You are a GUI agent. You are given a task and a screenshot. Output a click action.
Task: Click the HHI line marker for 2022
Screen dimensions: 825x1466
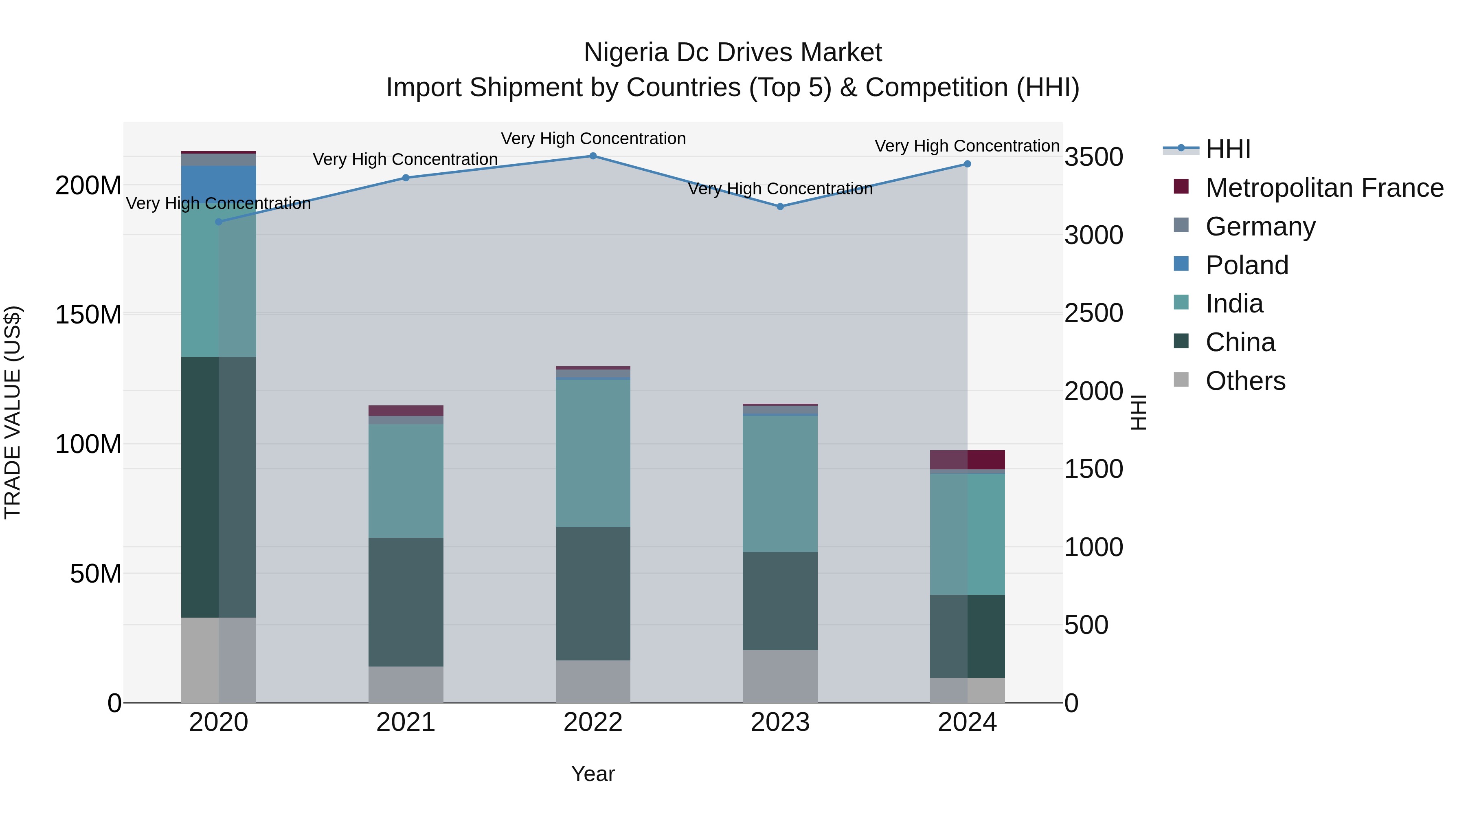(x=593, y=156)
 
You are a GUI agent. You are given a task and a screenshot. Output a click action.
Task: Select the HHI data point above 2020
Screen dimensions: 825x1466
(x=219, y=222)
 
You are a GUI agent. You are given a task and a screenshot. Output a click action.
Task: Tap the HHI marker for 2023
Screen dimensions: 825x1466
(x=780, y=207)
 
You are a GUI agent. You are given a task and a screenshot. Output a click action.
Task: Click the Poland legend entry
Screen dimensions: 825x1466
(x=1247, y=265)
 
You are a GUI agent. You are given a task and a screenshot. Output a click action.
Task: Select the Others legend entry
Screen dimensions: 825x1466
(x=1245, y=381)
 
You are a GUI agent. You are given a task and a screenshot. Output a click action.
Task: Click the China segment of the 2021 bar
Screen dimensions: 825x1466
(x=406, y=602)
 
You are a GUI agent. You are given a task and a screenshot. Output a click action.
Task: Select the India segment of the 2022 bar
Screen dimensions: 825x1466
(x=593, y=453)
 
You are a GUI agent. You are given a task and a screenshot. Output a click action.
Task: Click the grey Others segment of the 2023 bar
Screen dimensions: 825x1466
(x=780, y=676)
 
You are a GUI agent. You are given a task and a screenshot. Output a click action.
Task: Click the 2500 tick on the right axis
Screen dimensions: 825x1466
(x=1094, y=314)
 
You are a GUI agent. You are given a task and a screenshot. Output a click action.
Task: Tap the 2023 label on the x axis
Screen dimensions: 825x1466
(x=780, y=722)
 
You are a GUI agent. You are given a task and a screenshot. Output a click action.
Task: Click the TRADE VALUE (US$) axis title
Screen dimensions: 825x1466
(x=13, y=412)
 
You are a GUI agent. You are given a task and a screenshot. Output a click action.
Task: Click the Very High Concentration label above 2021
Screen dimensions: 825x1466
(x=405, y=159)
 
